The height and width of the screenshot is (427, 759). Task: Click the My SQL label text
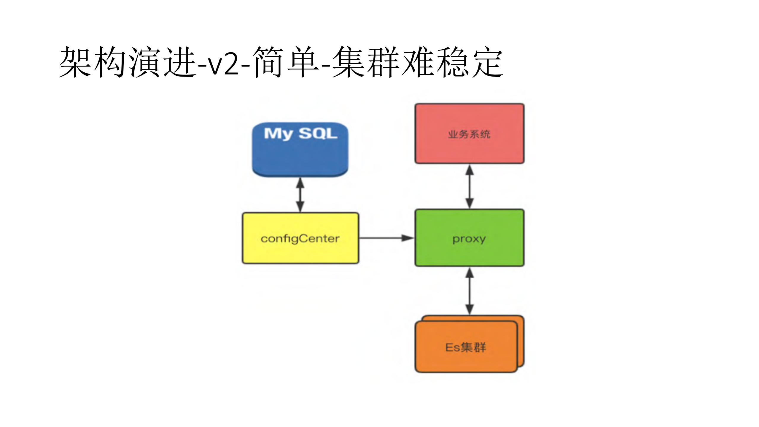300,133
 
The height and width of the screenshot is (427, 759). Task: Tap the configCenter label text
300,239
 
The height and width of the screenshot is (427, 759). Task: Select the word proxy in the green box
469,239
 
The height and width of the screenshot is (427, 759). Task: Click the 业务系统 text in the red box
469,134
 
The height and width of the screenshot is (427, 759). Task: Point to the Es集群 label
465,347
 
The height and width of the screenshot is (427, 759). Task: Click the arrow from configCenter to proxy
386,238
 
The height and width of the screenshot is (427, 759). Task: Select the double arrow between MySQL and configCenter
300,195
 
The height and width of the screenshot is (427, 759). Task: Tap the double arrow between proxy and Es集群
469,291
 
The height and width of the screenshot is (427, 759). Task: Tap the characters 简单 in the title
286,62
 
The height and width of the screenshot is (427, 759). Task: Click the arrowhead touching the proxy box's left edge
408,238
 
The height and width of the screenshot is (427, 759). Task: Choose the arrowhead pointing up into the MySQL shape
300,183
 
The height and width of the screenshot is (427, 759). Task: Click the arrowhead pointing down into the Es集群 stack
469,309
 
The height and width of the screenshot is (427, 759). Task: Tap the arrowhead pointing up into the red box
469,170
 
